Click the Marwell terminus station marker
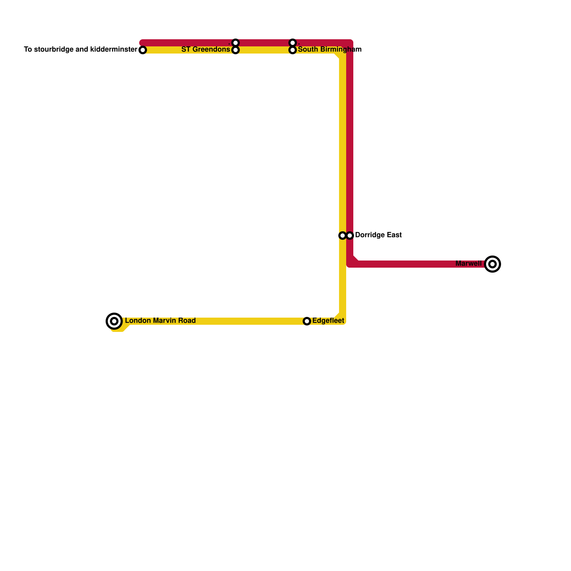492,264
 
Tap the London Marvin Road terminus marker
114,321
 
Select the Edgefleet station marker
307,321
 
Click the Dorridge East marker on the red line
350,236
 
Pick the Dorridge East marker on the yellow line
343,236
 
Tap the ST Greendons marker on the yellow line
236,50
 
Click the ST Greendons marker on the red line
236,43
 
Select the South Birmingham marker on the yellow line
293,50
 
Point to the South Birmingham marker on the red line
293,43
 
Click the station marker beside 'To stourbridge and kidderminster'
143,50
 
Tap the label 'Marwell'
469,264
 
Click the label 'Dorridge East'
378,235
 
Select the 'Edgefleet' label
328,321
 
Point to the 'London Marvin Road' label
160,321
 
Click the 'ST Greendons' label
206,50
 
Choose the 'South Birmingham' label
330,50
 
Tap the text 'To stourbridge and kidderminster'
81,50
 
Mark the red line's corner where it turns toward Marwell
350,264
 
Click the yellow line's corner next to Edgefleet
343,321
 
